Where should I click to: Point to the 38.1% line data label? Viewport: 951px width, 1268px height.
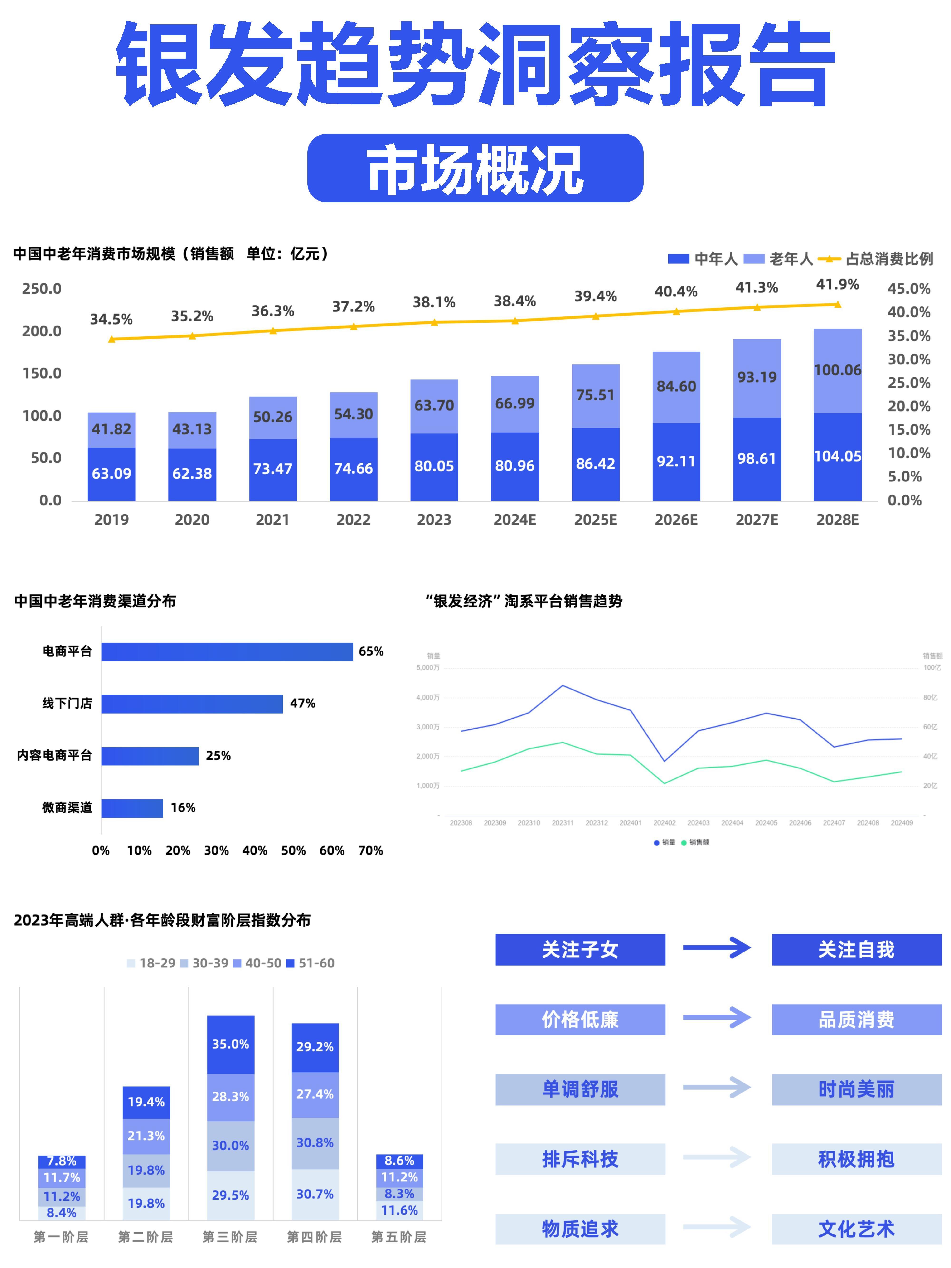[x=434, y=302]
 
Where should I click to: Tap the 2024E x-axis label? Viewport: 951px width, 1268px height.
[x=515, y=520]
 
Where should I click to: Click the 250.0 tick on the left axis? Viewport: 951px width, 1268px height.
[x=41, y=289]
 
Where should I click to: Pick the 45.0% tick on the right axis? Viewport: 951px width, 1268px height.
[x=909, y=289]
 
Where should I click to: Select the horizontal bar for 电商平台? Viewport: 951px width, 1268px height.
[x=227, y=652]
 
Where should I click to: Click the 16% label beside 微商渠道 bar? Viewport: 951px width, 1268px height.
[x=183, y=808]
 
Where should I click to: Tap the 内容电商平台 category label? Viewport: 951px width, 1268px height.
[x=54, y=756]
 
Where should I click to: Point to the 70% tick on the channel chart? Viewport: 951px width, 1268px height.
[x=370, y=851]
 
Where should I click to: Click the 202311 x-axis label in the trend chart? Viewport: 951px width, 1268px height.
[x=562, y=823]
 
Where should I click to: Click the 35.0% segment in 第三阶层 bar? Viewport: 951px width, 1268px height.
[x=230, y=1045]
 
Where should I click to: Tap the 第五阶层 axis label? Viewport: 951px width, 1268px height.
[x=399, y=1236]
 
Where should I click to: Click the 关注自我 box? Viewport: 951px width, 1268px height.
[x=856, y=950]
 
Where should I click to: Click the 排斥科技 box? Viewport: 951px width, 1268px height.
[x=580, y=1159]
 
